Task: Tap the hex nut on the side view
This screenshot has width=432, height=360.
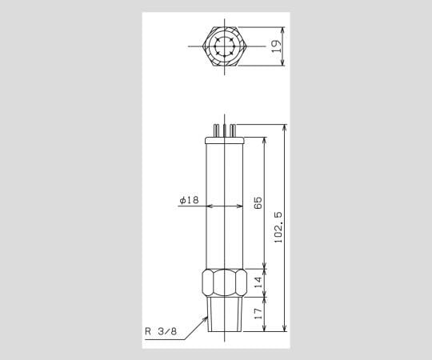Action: [225, 283]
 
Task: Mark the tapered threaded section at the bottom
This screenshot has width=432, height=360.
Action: [225, 315]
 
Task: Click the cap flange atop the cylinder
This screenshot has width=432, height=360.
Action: [225, 140]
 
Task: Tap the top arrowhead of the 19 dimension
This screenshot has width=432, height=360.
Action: [284, 30]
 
